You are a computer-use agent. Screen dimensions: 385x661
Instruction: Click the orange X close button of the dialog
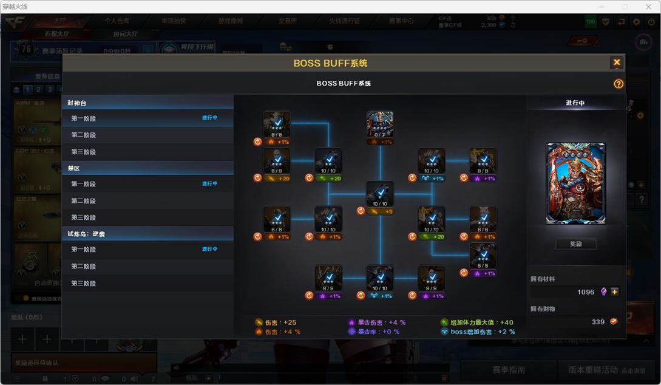tap(616, 63)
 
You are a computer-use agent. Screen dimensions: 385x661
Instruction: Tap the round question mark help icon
tap(618, 84)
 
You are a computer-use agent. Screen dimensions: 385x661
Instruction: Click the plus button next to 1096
tap(614, 292)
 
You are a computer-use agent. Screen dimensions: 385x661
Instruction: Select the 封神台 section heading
tap(77, 103)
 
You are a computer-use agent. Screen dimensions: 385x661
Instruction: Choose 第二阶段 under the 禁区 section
tap(84, 201)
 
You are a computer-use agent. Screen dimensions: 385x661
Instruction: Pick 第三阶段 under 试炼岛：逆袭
tap(84, 284)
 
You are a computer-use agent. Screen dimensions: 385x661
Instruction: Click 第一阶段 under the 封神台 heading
tap(84, 119)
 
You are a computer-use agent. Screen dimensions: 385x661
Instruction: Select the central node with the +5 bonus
tap(380, 194)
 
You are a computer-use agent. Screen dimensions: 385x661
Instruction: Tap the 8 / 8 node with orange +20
tap(277, 161)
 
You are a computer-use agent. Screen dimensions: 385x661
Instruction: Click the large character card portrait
tap(575, 183)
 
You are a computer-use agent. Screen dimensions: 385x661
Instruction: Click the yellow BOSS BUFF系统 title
tap(330, 63)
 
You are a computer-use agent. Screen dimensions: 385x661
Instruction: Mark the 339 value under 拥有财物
tap(598, 322)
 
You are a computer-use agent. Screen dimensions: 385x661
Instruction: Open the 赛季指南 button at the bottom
tap(508, 370)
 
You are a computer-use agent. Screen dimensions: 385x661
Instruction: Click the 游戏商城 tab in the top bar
tap(231, 21)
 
